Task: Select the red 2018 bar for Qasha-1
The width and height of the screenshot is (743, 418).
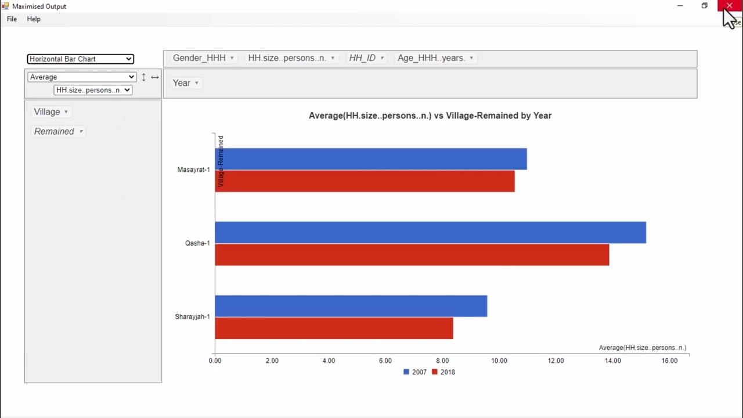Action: pos(412,255)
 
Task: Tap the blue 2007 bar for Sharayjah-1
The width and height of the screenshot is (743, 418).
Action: pos(351,306)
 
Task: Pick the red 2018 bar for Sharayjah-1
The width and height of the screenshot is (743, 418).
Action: pos(334,328)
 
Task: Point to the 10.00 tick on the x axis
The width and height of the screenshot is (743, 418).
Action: pos(499,361)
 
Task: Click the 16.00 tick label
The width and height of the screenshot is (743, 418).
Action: pos(669,361)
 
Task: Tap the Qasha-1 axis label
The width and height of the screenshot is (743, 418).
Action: pos(197,243)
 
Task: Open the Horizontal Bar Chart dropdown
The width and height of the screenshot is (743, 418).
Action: pos(80,59)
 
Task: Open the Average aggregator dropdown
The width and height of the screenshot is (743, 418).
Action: pos(81,77)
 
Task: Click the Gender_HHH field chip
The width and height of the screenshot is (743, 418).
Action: pos(203,58)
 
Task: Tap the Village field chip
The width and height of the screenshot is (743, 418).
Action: pos(51,112)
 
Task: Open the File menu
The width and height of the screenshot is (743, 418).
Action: pos(12,19)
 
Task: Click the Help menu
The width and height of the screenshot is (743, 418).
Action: pos(34,19)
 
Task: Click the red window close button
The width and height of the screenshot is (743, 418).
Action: pos(729,6)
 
